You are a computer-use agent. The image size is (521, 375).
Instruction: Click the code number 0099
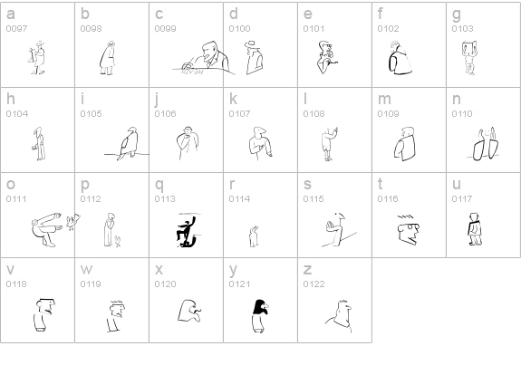165,29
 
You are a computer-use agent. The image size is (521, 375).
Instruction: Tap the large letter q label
159,185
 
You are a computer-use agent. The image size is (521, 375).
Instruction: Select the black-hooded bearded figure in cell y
260,316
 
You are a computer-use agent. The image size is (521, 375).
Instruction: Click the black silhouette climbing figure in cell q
187,232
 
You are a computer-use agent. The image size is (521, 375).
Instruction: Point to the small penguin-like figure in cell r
254,236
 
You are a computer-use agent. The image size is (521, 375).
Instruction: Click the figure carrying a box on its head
469,58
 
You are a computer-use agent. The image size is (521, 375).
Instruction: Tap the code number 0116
388,199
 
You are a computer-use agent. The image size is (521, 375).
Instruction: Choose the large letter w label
86,269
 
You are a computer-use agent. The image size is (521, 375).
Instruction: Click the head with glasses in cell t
409,230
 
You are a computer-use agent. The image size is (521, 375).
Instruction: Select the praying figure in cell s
336,229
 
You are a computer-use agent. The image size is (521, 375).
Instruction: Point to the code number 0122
314,284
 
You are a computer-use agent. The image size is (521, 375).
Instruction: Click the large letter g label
457,14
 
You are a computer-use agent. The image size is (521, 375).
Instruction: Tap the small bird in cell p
118,242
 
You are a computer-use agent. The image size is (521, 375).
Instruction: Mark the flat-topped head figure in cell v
44,315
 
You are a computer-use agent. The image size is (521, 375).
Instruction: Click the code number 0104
17,113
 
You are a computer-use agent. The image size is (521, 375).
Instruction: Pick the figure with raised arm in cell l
329,144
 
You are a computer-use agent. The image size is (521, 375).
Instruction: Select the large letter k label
233,99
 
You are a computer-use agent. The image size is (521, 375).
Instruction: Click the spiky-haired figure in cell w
115,316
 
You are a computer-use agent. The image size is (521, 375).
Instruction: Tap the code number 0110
462,113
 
